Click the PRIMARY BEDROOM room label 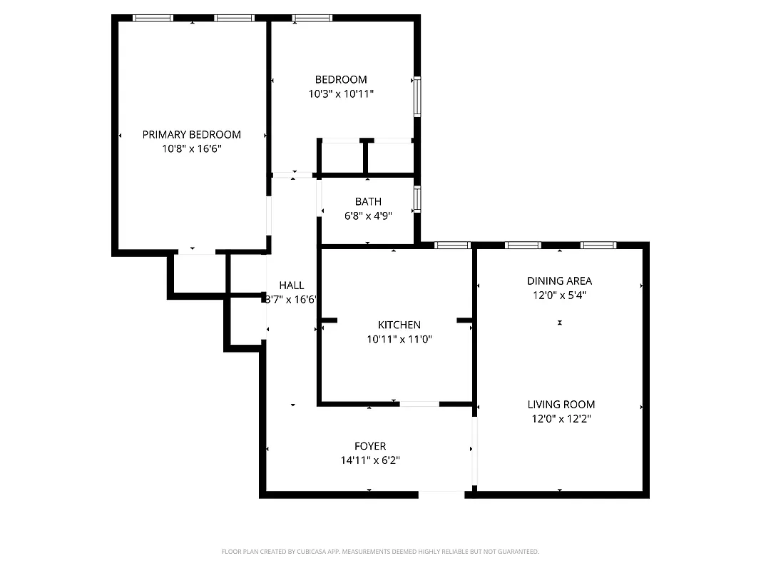[191, 134]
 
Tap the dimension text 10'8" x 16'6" [191, 149]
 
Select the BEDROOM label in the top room [341, 79]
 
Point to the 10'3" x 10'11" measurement [341, 94]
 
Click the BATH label [368, 201]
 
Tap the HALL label [291, 285]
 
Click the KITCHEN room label [399, 325]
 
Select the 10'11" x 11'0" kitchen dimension [399, 339]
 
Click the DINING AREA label [559, 281]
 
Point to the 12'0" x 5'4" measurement [559, 295]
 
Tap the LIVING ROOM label [561, 404]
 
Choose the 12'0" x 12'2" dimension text [561, 419]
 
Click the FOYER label [369, 446]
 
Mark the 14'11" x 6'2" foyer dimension [369, 461]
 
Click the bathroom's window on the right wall [417, 199]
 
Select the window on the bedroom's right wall [417, 96]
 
